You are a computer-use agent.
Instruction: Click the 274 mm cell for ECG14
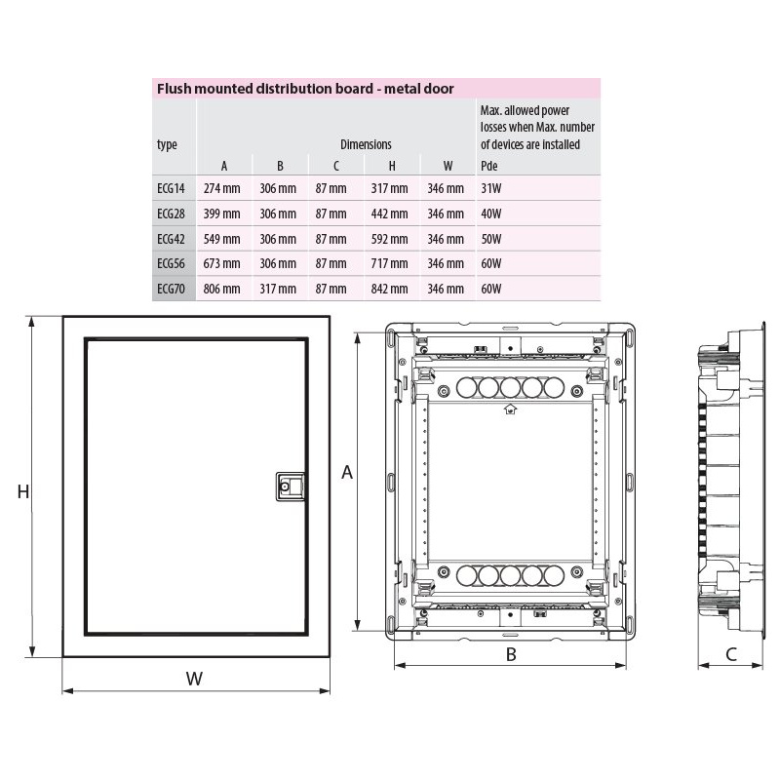click(221, 188)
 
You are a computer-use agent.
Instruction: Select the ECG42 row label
click(171, 239)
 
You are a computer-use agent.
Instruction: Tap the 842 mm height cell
click(389, 289)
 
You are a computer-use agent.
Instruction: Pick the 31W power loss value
click(491, 188)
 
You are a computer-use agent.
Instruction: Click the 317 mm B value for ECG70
click(278, 289)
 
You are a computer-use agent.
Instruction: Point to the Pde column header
click(489, 166)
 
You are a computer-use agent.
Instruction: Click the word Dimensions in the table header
click(366, 144)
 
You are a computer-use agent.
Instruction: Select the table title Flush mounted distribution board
click(265, 89)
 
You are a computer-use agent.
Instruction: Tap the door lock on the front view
click(290, 486)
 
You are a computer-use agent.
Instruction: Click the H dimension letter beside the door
click(22, 491)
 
